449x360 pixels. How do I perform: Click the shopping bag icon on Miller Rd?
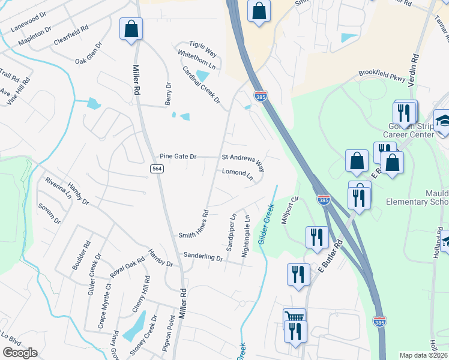[x=131, y=29]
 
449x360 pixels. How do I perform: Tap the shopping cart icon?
[x=294, y=319]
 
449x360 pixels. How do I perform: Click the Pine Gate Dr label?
[x=178, y=157]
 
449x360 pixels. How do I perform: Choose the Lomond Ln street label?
[x=238, y=175]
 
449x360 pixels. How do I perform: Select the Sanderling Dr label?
[x=203, y=256]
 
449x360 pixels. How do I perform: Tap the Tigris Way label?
[x=203, y=50]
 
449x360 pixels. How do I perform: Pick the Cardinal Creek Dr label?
[x=202, y=85]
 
